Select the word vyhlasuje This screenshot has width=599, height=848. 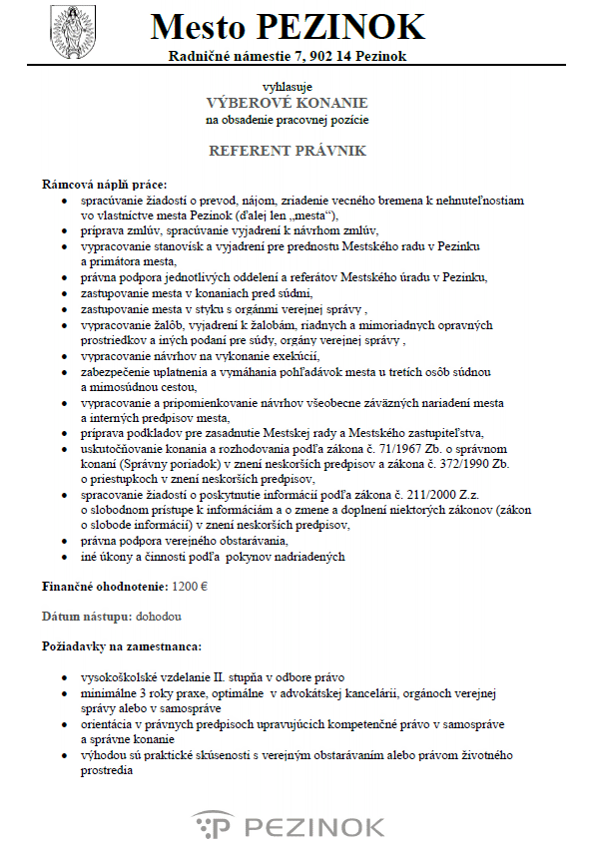(x=287, y=86)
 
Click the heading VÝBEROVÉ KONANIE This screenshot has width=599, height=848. (x=287, y=103)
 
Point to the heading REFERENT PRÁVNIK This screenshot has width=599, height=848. (x=287, y=151)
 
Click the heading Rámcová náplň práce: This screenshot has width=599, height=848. (x=105, y=185)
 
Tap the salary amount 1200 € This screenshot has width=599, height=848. (x=190, y=589)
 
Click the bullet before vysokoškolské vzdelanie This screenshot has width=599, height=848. (x=66, y=676)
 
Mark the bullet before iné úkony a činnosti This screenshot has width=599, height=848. (x=66, y=557)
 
